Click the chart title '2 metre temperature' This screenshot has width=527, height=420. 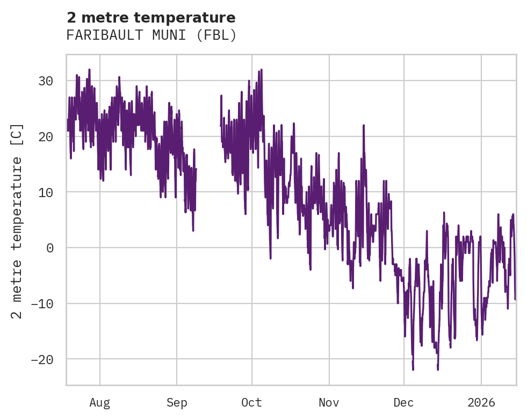[151, 18]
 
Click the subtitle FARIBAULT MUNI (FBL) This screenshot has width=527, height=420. [151, 35]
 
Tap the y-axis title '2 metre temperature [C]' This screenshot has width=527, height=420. [17, 220]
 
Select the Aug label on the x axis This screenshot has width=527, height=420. [99, 403]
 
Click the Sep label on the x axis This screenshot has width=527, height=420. [177, 403]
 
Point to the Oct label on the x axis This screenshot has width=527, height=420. [251, 403]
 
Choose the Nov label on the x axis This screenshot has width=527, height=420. [329, 403]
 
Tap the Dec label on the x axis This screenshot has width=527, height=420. [403, 403]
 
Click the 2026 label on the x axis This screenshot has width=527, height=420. [481, 403]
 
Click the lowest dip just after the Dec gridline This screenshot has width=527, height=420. [413, 369]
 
